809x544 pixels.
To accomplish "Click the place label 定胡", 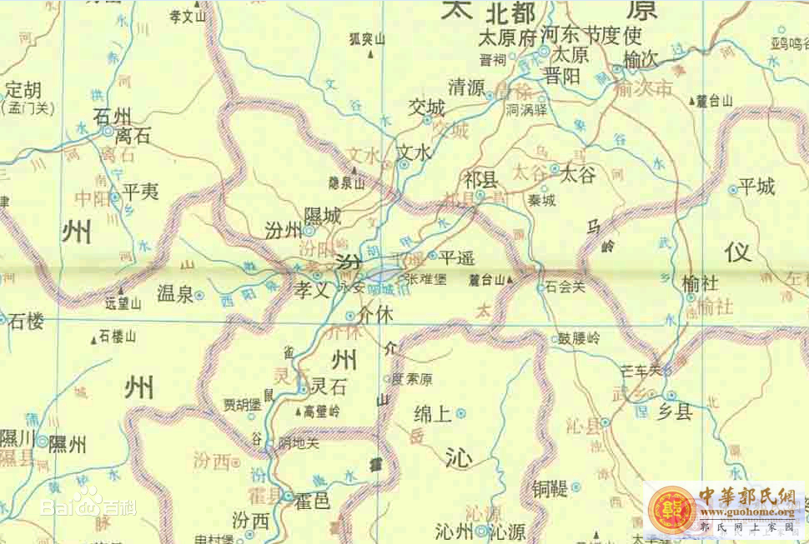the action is click(x=22, y=89).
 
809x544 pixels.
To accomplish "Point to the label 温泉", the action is click(x=175, y=292).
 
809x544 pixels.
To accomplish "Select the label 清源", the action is click(x=466, y=87).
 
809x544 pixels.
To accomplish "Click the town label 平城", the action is click(x=756, y=187).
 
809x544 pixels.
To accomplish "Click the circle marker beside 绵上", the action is click(x=460, y=412).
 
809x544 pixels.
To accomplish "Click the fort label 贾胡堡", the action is click(x=243, y=405).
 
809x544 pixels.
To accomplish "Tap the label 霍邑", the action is click(x=313, y=502).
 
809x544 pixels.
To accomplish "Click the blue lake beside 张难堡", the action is click(x=383, y=273).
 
